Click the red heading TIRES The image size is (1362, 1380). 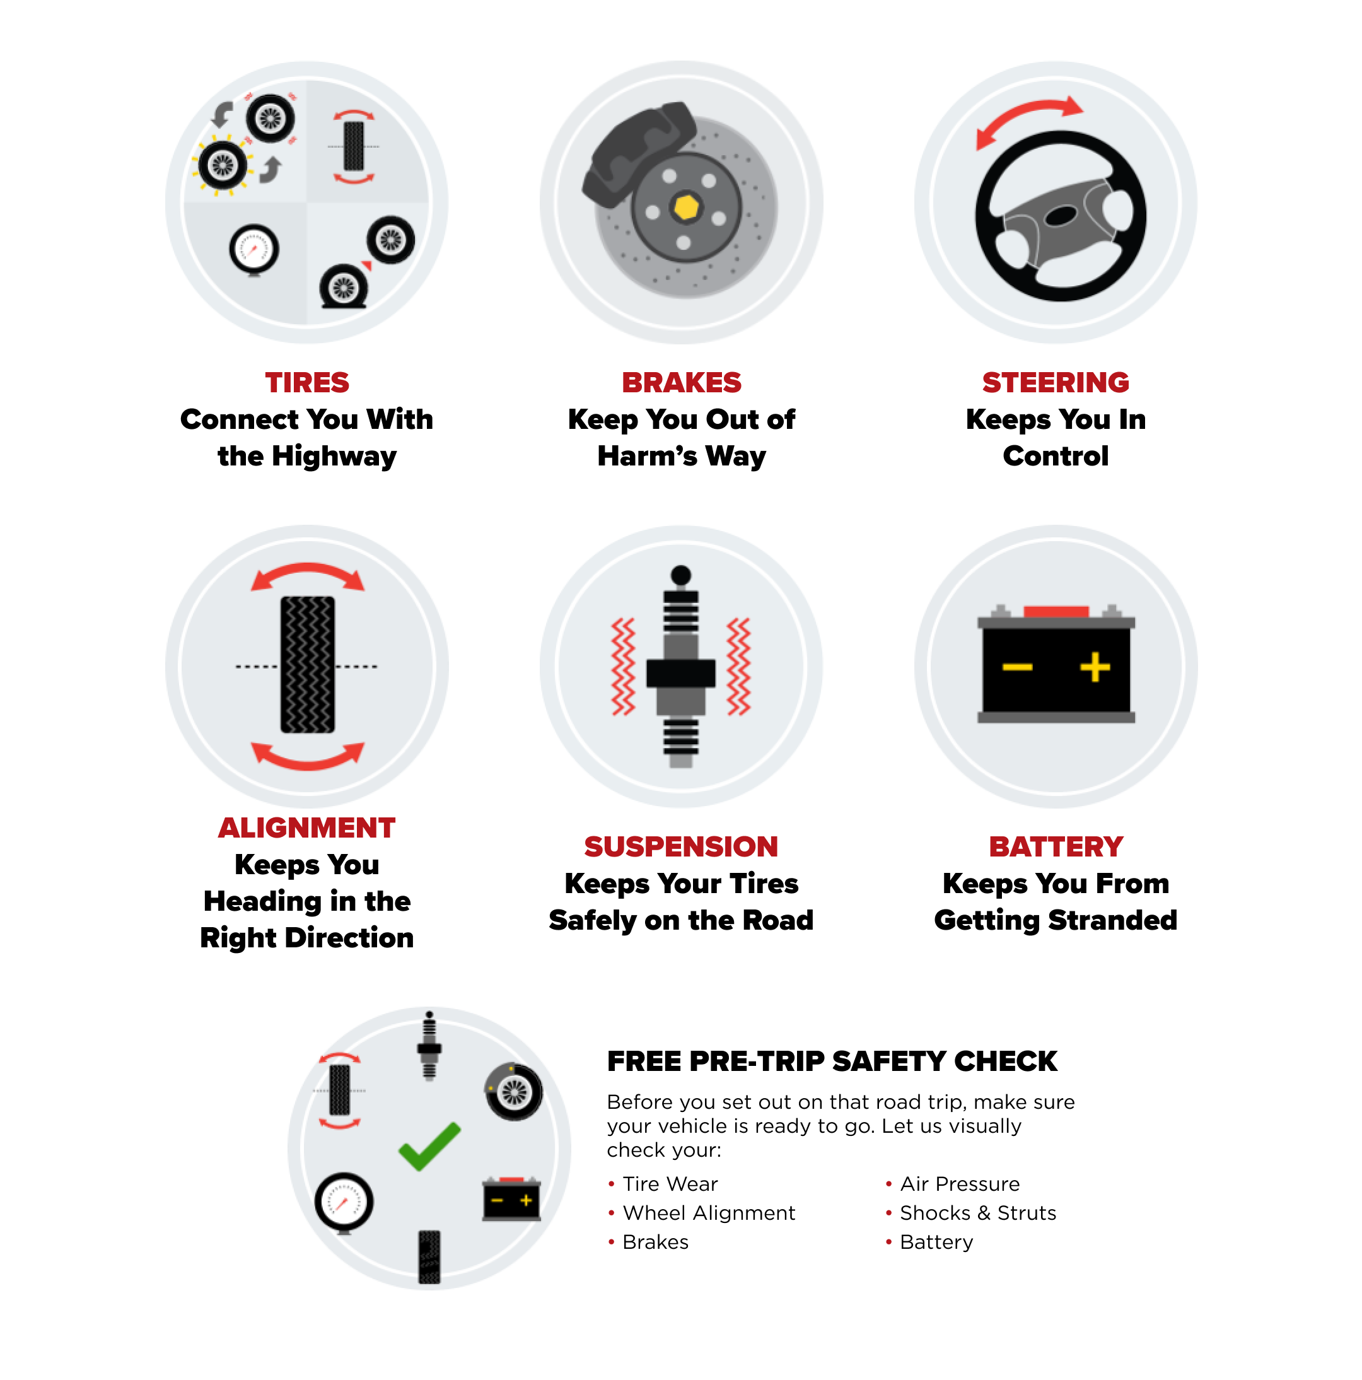pos(306,383)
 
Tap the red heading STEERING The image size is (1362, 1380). pos(1055,383)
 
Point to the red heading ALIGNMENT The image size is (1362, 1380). pos(306,828)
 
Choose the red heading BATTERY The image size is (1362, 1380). pos(1055,846)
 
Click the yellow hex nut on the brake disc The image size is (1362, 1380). pos(685,207)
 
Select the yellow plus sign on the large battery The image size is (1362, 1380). pos(1094,667)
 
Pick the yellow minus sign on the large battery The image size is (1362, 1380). pos(1016,667)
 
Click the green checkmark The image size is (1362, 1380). pos(429,1146)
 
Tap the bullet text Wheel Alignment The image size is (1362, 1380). pos(709,1213)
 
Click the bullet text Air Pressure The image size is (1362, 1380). pos(959,1184)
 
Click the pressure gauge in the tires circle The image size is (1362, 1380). pos(254,250)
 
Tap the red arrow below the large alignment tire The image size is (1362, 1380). pos(308,756)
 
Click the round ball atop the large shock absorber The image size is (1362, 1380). pos(680,575)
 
